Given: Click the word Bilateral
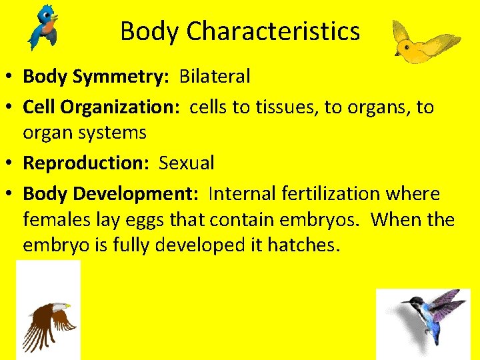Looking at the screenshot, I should click(215, 77).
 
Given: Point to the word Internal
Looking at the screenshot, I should click(241, 194).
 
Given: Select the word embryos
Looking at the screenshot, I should click(322, 219).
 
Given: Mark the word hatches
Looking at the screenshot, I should click(303, 245).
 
